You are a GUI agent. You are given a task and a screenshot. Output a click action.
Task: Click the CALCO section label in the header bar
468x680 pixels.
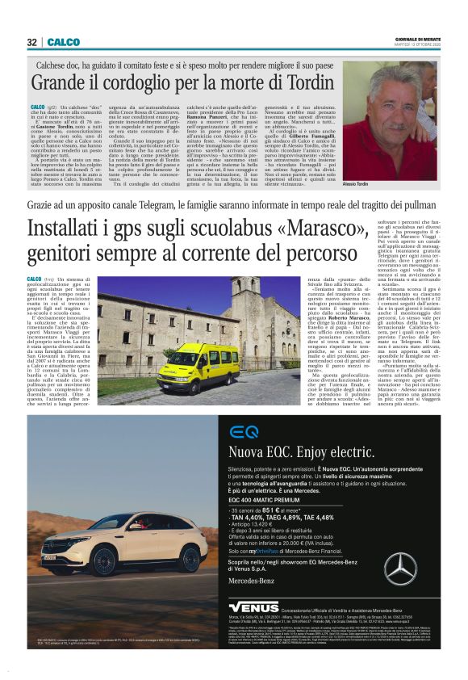62,41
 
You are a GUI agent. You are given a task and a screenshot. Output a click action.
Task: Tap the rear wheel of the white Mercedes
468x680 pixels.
191,558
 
